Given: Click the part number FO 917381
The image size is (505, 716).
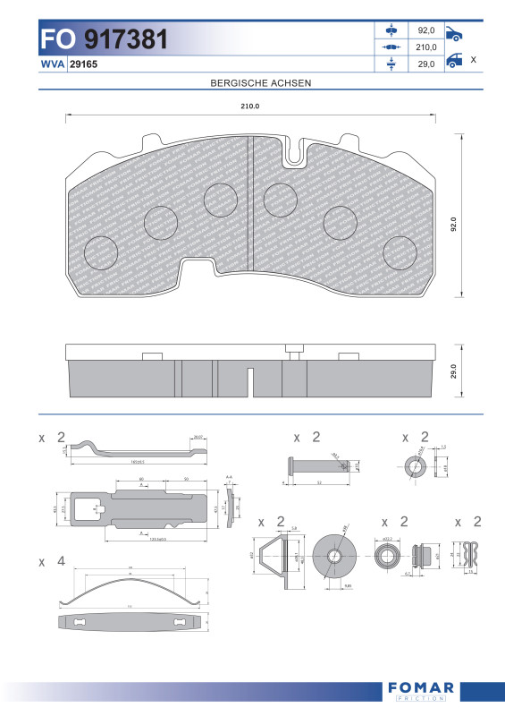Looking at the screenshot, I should click(104, 38).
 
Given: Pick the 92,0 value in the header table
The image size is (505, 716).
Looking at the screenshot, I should click(426, 30).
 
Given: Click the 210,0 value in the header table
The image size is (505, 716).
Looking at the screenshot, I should click(426, 47).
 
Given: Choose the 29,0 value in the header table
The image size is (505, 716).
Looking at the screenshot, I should click(426, 64).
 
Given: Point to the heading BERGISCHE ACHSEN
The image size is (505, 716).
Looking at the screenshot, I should click(260, 82).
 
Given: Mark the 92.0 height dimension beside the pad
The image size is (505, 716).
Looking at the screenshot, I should click(453, 223).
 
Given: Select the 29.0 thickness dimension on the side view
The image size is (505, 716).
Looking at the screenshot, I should click(453, 370).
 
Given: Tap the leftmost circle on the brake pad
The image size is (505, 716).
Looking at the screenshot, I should click(101, 253).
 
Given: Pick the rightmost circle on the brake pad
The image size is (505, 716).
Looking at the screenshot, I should click(400, 253).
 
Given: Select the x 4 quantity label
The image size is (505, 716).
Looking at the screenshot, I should click(52, 561).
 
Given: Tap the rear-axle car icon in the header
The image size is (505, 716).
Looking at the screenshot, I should click(454, 63).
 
